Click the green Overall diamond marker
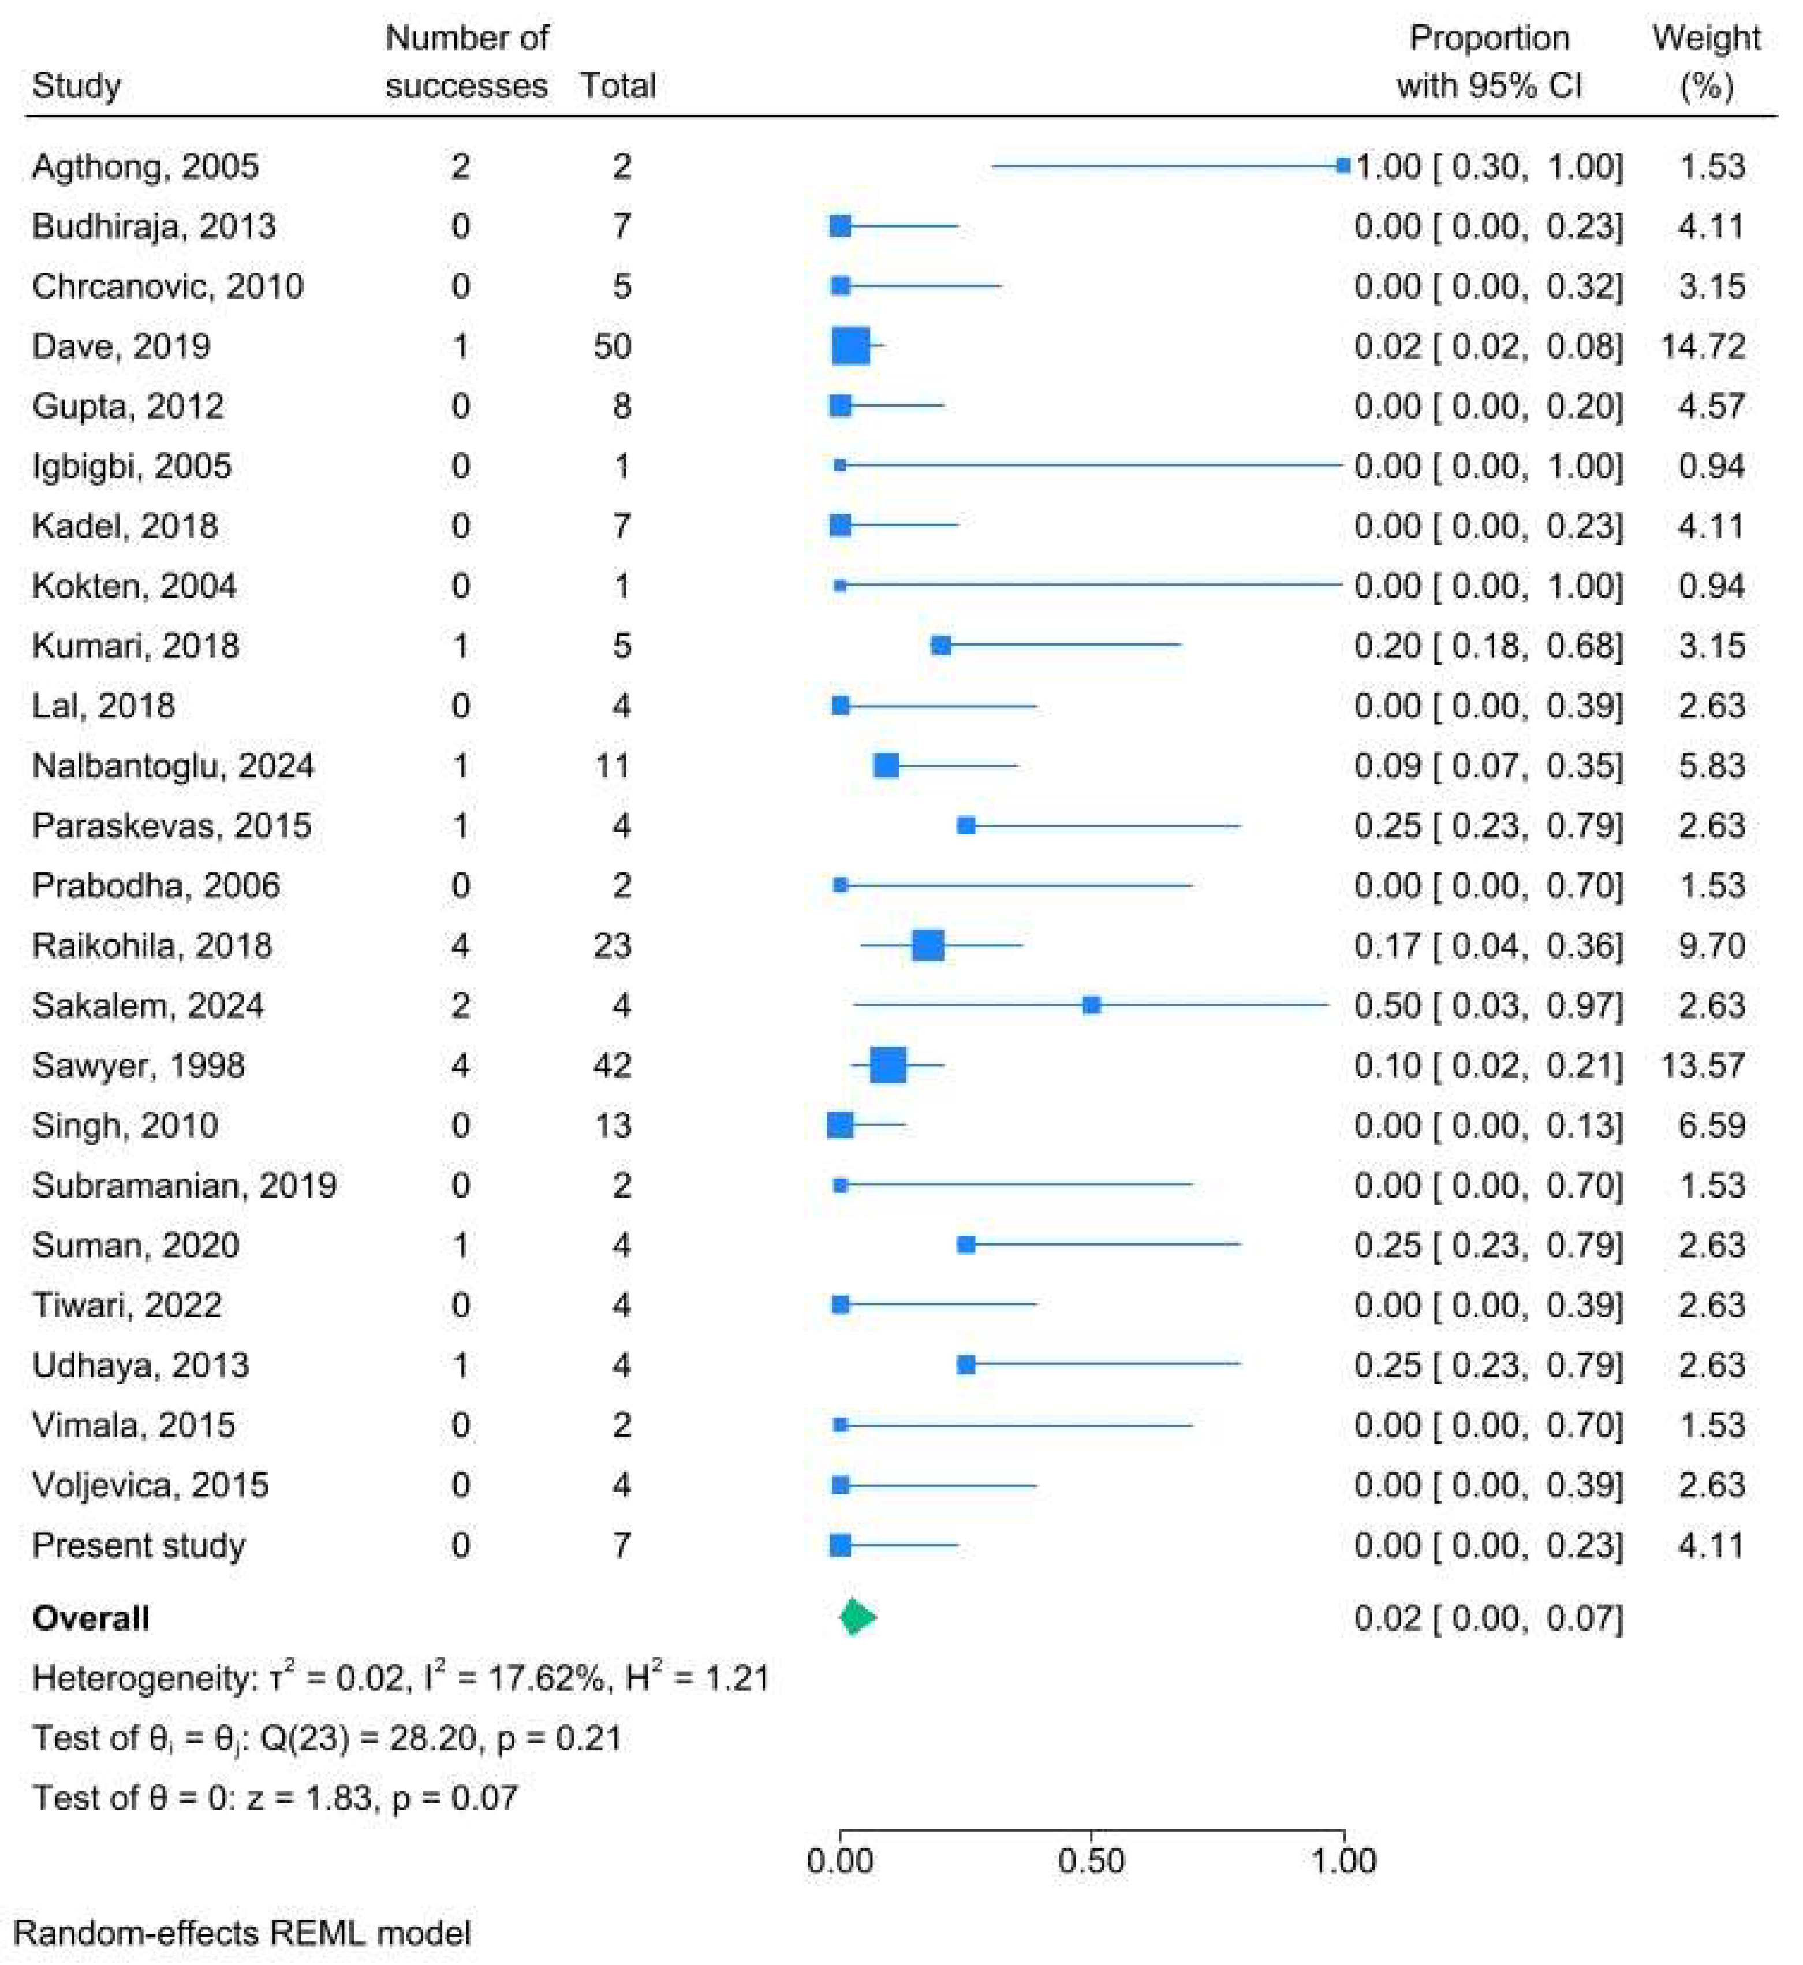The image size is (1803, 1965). (857, 1617)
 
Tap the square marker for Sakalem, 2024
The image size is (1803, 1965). (1092, 1005)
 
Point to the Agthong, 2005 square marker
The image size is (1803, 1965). (1343, 166)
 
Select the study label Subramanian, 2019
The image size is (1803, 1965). (184, 1185)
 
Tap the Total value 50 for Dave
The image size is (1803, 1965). (613, 346)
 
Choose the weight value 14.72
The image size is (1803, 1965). (1703, 346)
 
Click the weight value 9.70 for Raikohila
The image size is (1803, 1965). (1711, 945)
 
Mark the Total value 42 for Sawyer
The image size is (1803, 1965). (613, 1065)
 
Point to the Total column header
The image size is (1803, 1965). (618, 86)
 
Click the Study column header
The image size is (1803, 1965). (76, 86)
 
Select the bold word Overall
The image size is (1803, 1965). (91, 1617)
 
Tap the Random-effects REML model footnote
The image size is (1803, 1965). (242, 1933)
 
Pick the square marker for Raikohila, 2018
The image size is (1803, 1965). (928, 945)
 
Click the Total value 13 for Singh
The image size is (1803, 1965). (613, 1125)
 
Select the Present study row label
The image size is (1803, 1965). (139, 1545)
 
